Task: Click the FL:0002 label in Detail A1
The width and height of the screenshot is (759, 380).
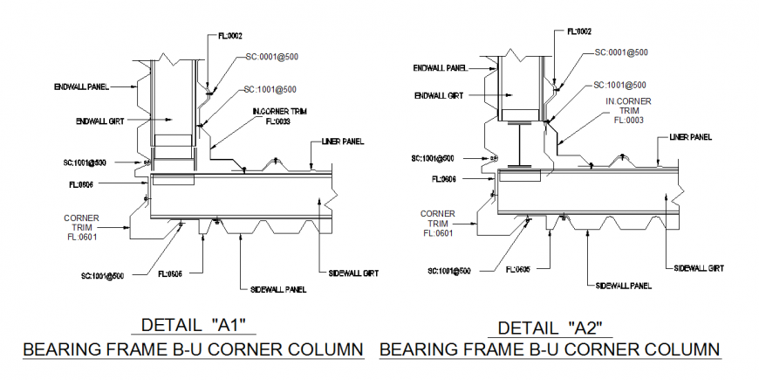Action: pyautogui.click(x=229, y=37)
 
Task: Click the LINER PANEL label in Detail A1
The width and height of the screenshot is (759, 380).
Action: pyautogui.click(x=343, y=141)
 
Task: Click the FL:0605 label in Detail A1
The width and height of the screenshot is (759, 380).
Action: pyautogui.click(x=171, y=273)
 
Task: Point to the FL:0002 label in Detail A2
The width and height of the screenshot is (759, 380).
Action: pyautogui.click(x=579, y=31)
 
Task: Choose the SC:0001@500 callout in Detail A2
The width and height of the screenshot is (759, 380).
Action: pyautogui.click(x=621, y=52)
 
